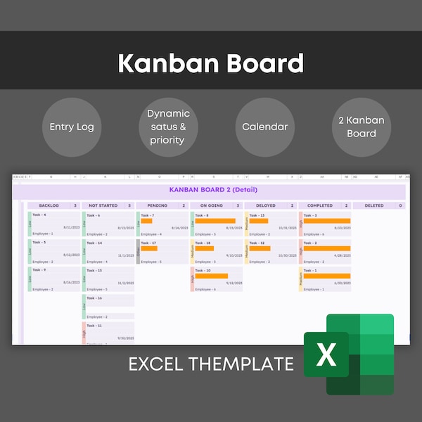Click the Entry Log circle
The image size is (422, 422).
tap(72, 127)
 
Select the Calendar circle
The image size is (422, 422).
tap(264, 127)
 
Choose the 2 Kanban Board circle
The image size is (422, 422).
tap(360, 127)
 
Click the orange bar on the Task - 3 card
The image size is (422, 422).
tap(327, 221)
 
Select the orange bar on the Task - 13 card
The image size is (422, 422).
tap(259, 221)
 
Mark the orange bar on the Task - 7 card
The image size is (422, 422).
tap(147, 221)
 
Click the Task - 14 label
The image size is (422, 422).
tap(94, 243)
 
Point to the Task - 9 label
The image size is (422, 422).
tap(40, 270)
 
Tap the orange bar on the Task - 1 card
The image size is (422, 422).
tap(327, 276)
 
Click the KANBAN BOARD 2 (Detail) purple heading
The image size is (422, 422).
tap(213, 190)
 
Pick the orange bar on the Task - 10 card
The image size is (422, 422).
tap(211, 276)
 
